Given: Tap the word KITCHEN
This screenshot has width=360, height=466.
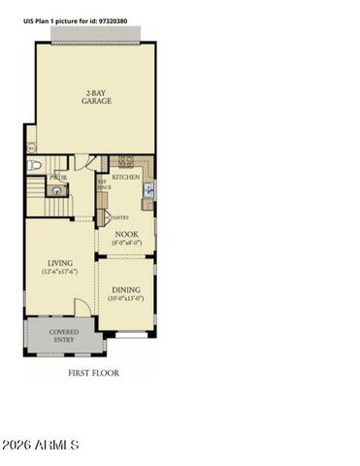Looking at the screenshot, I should click(126, 178).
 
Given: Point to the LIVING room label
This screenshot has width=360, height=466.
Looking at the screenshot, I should click(60, 263).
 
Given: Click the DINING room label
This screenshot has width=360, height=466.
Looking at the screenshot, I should click(126, 290).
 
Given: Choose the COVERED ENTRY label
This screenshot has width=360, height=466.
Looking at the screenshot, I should click(64, 336).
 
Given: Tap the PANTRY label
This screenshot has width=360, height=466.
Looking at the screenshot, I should click(120, 217).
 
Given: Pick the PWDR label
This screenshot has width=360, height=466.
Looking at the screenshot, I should click(57, 179).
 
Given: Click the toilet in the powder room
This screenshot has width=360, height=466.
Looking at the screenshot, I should click(36, 167).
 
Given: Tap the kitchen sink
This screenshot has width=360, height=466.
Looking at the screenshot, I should click(147, 192).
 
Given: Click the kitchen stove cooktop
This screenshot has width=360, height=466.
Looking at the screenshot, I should click(125, 161).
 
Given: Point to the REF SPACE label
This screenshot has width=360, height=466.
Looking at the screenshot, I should click(103, 183).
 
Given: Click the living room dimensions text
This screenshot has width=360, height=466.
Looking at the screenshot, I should click(60, 273).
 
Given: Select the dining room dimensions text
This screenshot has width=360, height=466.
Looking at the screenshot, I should click(126, 300).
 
